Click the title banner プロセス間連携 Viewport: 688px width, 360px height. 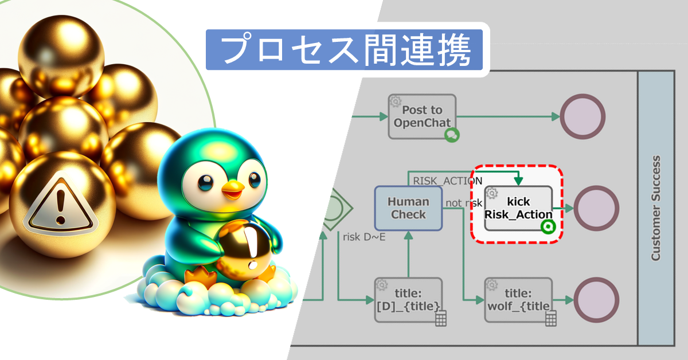[347, 50]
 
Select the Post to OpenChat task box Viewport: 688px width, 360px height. [422, 116]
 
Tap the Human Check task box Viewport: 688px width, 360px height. [408, 208]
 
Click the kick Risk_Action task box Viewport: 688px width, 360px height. [518, 208]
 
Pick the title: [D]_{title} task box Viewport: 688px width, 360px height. [408, 299]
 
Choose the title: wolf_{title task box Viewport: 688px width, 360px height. [518, 299]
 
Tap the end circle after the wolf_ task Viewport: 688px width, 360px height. [596, 300]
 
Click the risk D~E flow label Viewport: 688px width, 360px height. [363, 236]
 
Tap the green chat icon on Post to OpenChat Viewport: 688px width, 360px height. [452, 135]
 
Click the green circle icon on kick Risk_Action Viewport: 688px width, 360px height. [548, 227]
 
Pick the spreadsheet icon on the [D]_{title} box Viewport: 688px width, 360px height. [440, 319]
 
